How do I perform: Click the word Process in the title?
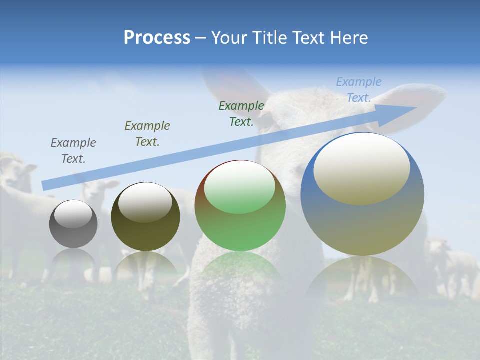[x=157, y=38]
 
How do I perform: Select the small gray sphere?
[x=73, y=224]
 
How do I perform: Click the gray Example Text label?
[x=73, y=151]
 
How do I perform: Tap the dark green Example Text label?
[x=241, y=114]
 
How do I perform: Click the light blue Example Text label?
[x=359, y=90]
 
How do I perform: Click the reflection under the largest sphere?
[x=362, y=277]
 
